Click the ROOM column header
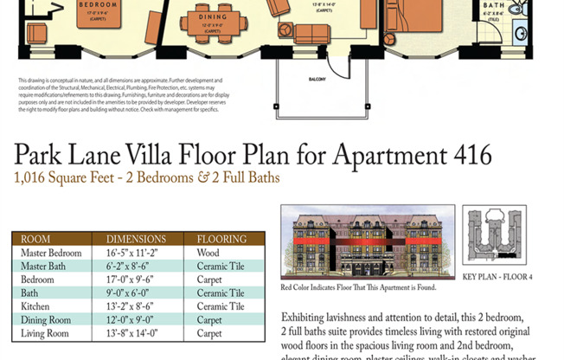35,239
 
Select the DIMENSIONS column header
135,239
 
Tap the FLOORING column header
221,239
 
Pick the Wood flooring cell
208,253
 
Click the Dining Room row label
45,319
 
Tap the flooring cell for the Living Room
209,333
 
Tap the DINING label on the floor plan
212,17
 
